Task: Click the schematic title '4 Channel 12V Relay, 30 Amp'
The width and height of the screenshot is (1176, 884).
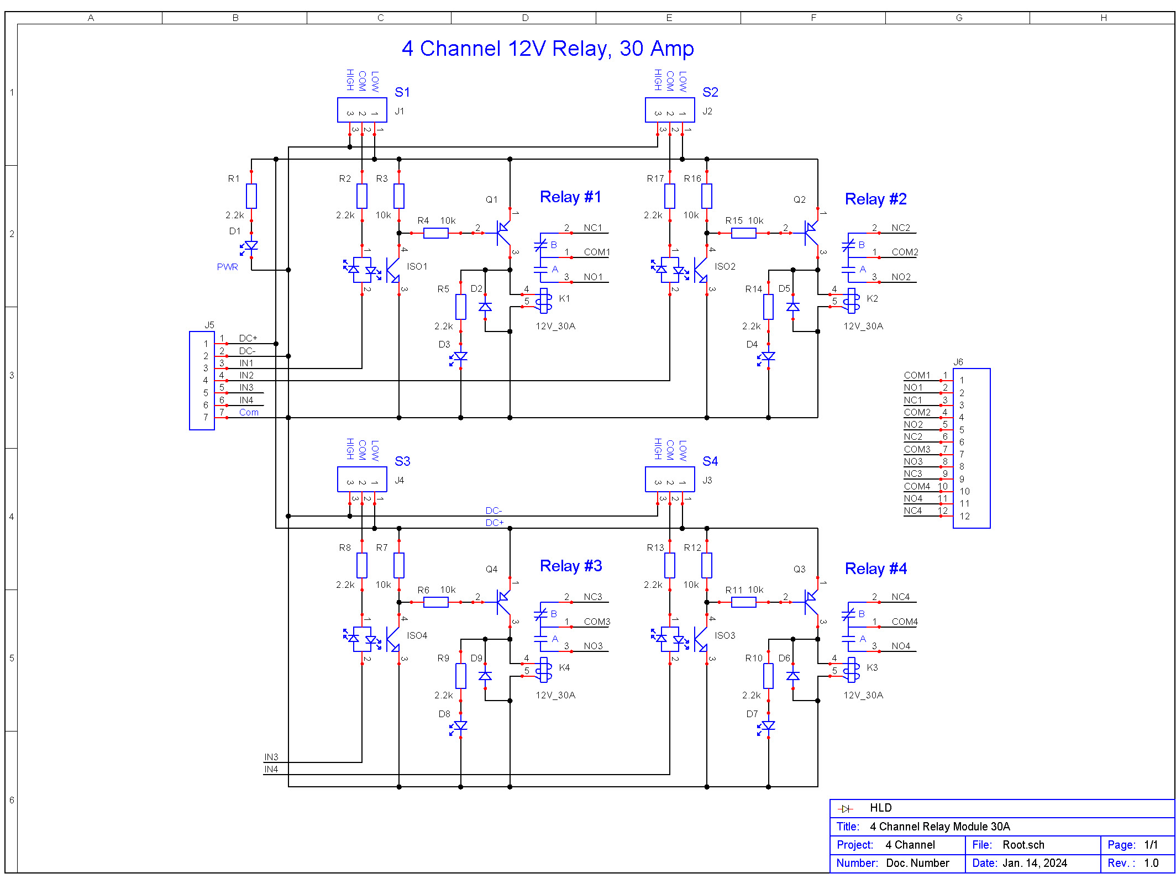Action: coord(548,49)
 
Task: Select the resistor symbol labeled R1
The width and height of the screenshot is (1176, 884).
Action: coord(251,196)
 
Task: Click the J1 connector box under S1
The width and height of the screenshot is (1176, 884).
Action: coord(362,110)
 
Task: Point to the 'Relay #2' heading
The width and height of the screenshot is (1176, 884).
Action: coord(876,199)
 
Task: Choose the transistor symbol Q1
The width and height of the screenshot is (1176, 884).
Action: coord(503,233)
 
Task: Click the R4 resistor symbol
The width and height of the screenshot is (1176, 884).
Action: coord(435,233)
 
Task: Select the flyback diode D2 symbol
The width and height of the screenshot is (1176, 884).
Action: coord(485,307)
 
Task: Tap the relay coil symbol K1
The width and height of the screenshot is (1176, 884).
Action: coord(545,301)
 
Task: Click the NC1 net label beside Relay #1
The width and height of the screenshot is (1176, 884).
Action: coord(593,228)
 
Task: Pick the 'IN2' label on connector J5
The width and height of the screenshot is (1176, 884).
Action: coord(246,375)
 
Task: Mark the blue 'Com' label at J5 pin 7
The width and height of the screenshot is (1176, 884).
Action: coord(249,412)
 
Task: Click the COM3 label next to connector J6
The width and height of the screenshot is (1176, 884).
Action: coord(917,449)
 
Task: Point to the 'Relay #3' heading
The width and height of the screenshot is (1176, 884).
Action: coord(571,566)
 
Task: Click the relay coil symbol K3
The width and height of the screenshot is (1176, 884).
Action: coord(853,670)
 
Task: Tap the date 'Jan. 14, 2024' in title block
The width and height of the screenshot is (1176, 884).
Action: coord(1035,863)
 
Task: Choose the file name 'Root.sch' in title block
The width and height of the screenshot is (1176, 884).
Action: coord(1023,845)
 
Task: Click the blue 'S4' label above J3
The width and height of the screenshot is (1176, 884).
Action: coord(710,461)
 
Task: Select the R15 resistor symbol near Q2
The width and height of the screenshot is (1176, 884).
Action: coord(743,233)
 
